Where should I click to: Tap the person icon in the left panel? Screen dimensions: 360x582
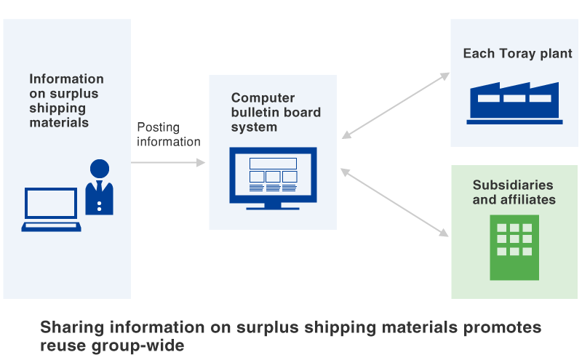click(99, 188)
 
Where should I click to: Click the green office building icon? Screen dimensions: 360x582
click(514, 247)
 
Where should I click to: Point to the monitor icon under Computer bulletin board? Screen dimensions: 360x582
click(273, 177)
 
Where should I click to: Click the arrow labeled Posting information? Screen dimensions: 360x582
click(168, 163)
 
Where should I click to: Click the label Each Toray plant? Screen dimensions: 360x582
click(517, 54)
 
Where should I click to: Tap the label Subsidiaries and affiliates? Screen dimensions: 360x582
click(514, 192)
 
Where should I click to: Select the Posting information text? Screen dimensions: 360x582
click(168, 135)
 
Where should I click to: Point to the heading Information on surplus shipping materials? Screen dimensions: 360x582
click(66, 100)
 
